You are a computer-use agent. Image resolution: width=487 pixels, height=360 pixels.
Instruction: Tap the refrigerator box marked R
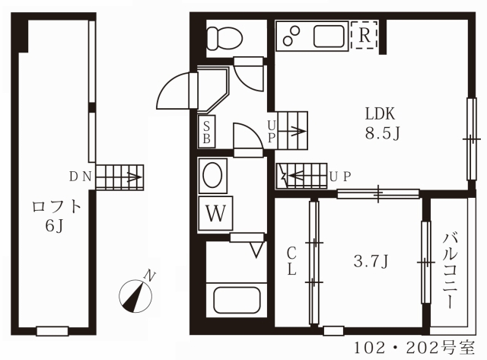tap(364, 35)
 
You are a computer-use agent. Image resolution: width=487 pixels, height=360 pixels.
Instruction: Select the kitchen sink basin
tap(329, 36)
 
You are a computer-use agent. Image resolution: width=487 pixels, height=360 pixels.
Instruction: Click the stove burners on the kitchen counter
tap(291, 36)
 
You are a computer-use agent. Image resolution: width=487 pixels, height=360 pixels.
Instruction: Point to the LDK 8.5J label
tap(382, 123)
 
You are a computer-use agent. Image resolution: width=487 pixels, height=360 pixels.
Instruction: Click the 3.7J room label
tap(371, 261)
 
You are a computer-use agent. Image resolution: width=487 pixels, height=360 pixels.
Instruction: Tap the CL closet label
tap(291, 262)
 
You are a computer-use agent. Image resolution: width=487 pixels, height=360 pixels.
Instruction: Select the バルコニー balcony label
tap(450, 270)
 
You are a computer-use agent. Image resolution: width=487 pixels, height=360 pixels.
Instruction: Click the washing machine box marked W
tap(216, 213)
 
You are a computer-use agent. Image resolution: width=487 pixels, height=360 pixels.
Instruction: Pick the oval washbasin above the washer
tap(212, 175)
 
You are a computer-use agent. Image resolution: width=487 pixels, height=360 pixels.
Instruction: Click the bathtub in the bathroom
tap(237, 300)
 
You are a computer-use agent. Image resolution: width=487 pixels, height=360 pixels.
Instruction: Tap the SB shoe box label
tap(206, 132)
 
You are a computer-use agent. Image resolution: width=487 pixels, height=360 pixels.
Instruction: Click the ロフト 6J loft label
tap(56, 216)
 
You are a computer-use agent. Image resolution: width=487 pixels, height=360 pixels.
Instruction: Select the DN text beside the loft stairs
tap(80, 177)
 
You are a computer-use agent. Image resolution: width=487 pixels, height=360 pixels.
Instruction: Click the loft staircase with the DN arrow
tap(119, 177)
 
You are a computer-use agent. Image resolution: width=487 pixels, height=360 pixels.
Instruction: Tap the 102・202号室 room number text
tap(415, 348)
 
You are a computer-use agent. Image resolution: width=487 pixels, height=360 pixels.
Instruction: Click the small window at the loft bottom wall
tap(53, 331)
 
